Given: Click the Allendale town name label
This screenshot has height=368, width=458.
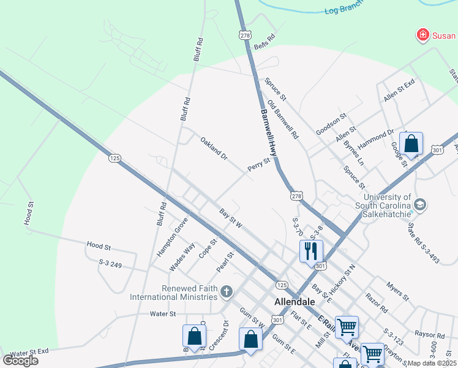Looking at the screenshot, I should (x=295, y=302).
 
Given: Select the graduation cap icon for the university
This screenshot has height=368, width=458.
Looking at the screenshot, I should (x=421, y=204).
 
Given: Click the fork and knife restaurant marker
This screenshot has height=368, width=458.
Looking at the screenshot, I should (x=311, y=250).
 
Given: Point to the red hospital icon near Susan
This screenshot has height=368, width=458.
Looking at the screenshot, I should (x=422, y=35).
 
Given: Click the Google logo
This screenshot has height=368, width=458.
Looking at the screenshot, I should (x=20, y=361).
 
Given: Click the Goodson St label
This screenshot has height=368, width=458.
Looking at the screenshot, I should (x=331, y=124).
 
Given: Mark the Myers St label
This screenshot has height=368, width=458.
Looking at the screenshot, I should (x=397, y=291).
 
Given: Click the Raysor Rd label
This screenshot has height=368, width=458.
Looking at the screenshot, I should (x=429, y=335).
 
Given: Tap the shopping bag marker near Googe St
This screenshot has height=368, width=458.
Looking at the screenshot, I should (x=412, y=144).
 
